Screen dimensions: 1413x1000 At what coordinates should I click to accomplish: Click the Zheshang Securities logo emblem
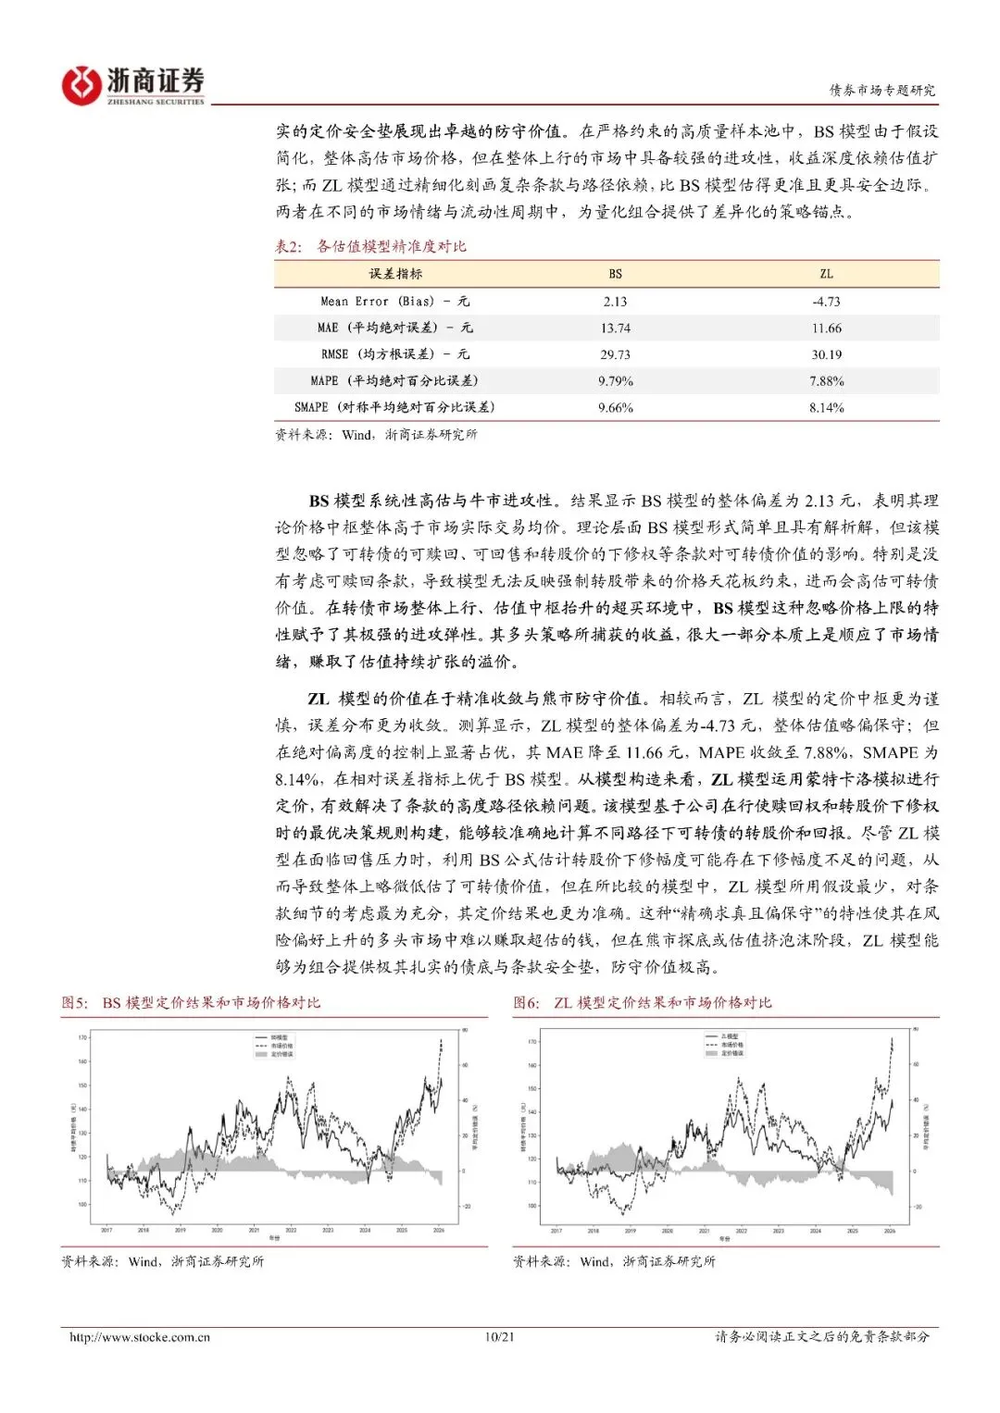81,85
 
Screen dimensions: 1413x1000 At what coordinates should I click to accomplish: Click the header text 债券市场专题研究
881,90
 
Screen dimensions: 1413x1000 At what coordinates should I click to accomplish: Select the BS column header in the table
616,274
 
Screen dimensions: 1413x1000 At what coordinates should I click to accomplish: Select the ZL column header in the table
827,274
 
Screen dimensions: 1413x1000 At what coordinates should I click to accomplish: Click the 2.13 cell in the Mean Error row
616,302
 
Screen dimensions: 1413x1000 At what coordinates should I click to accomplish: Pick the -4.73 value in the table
827,302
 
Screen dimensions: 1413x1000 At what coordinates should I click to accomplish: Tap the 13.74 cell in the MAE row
616,328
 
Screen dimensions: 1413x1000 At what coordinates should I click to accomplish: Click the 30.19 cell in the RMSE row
827,354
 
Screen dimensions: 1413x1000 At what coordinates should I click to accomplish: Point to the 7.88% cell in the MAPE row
827,381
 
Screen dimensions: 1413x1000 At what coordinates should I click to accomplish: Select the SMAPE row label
395,407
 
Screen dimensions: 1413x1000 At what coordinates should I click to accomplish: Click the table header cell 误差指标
395,274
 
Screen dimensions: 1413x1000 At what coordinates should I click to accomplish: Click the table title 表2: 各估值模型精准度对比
370,246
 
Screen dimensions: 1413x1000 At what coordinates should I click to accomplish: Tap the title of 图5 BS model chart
191,1003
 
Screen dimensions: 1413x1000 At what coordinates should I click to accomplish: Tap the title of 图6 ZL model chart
643,1003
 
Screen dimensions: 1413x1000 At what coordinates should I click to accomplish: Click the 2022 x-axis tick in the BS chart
291,1231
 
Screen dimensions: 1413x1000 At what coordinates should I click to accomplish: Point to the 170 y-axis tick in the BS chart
82,1038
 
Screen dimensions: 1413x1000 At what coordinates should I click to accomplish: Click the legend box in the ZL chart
725,1045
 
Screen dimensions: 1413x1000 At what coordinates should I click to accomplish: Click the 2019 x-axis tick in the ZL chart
630,1232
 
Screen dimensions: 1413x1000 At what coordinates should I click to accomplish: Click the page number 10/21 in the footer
499,1337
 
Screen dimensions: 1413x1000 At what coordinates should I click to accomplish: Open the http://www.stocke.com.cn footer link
140,1337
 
